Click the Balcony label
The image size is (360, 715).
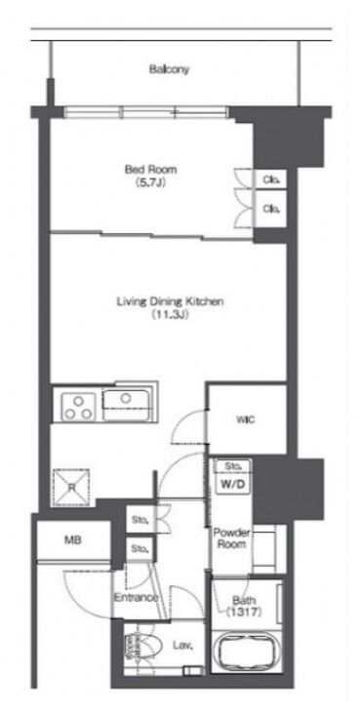coord(169,70)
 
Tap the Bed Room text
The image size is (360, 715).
coord(151,170)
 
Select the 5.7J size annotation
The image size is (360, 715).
coord(151,182)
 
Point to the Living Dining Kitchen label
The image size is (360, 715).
coord(170,301)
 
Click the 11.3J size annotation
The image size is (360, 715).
coord(170,314)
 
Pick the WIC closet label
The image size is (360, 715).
coord(246,419)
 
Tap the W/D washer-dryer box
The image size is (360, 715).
coord(233,485)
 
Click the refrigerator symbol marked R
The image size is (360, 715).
coord(71,487)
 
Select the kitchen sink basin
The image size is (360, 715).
coord(126,405)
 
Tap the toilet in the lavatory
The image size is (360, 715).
coord(144,647)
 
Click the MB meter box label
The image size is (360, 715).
coord(73,540)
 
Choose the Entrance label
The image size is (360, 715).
coord(136,597)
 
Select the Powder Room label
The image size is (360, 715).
coord(231,538)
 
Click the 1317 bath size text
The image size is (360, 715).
coord(244,613)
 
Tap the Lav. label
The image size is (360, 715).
coord(183,645)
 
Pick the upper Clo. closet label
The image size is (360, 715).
coord(271,179)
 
